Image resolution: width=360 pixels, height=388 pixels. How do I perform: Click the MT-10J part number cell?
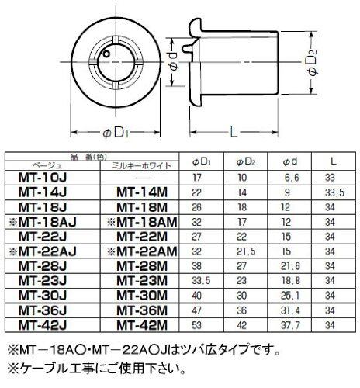click(43, 178)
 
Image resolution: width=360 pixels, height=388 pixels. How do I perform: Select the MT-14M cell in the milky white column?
click(142, 192)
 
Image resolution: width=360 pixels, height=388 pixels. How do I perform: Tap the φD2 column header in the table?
click(246, 162)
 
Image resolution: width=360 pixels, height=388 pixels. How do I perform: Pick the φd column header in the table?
click(290, 162)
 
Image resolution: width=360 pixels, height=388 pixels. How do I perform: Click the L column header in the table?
click(334, 161)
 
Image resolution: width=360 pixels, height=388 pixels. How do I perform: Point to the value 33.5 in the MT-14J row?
click(335, 192)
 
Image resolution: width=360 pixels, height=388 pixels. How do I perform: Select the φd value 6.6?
click(291, 178)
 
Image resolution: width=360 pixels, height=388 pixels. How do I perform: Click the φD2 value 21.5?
click(246, 251)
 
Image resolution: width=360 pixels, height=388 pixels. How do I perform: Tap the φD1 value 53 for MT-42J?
click(197, 325)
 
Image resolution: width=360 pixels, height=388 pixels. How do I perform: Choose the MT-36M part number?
click(142, 310)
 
